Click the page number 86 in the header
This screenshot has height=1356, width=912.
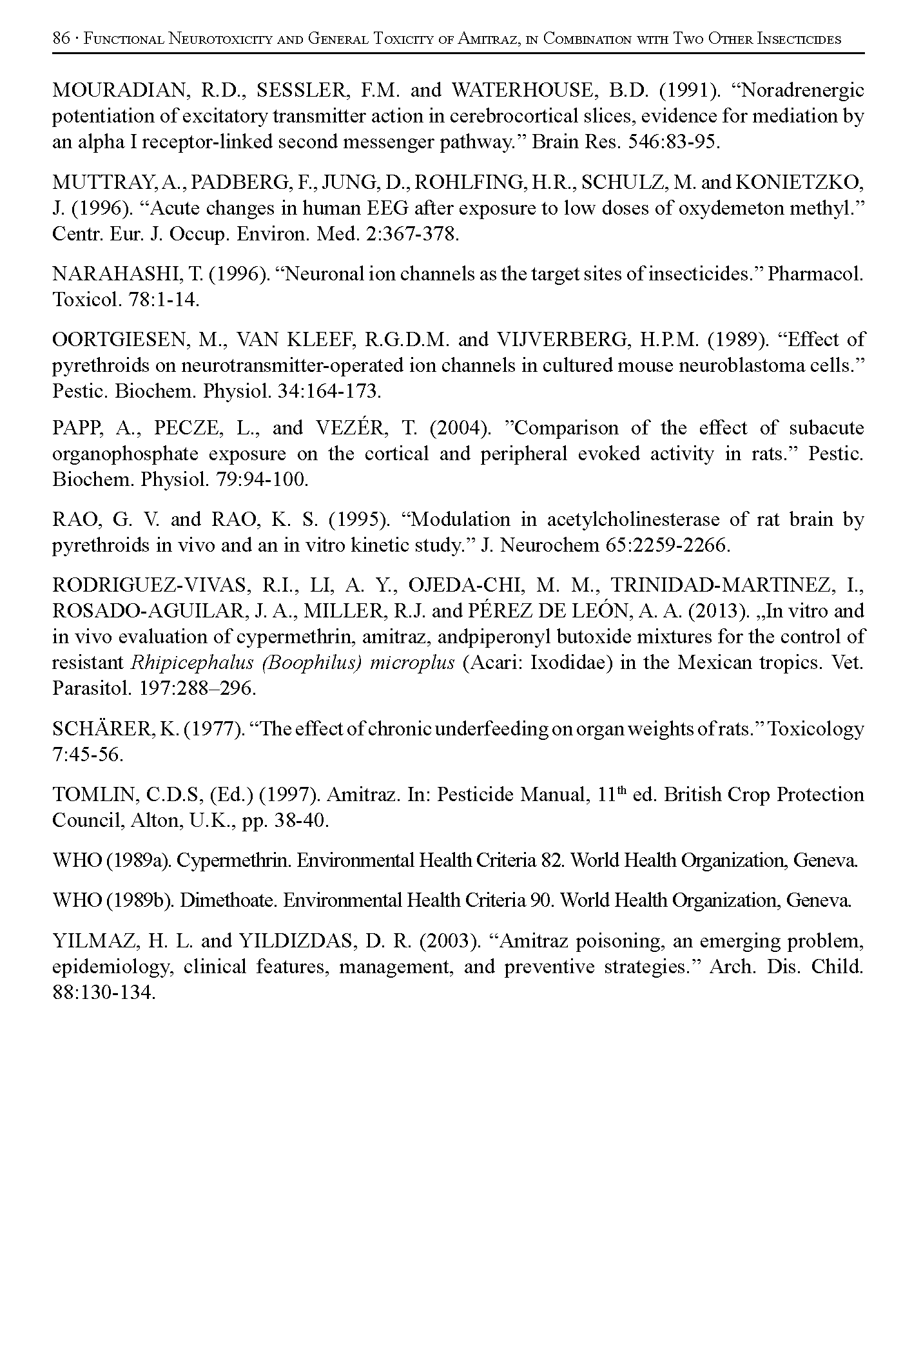[x=61, y=39]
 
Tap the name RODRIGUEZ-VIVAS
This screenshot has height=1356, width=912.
[x=151, y=585]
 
